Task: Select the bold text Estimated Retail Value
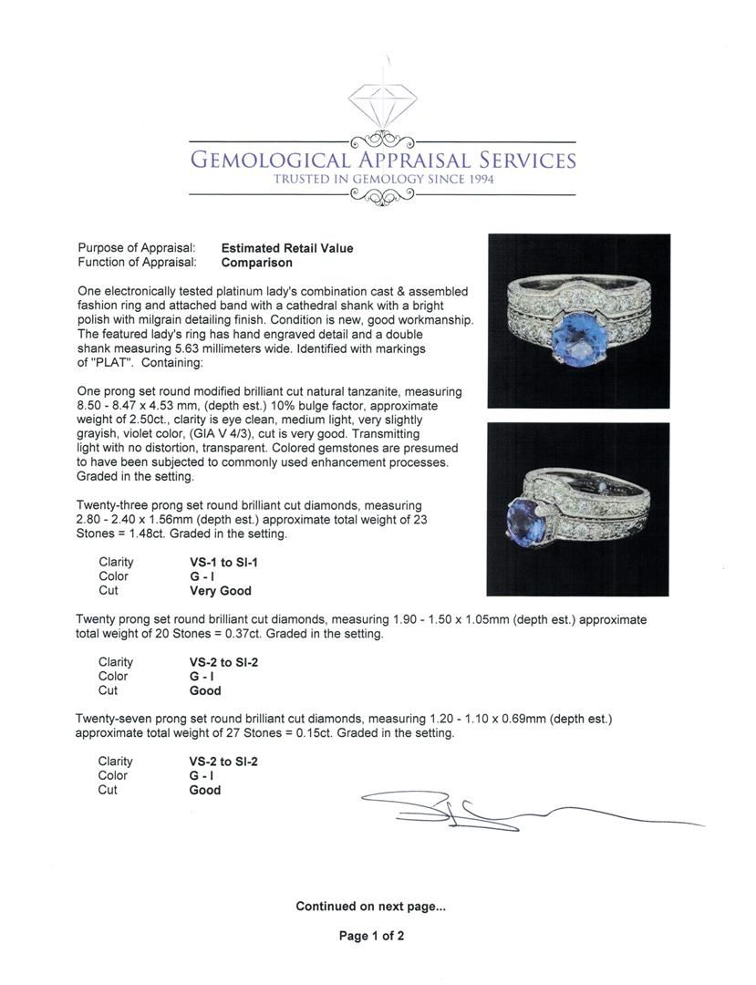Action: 287,248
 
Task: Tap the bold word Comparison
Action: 257,263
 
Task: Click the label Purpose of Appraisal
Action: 137,248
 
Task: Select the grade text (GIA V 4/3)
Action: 225,434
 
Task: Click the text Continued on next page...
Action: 370,907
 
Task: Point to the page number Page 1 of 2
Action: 371,936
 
